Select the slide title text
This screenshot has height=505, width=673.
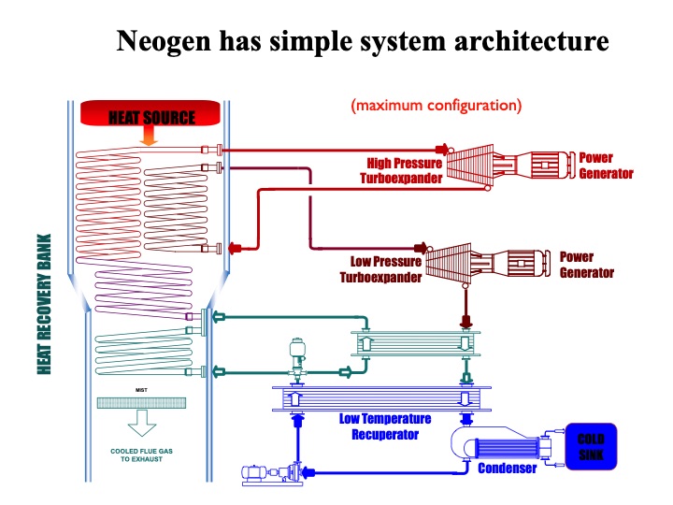[x=362, y=41]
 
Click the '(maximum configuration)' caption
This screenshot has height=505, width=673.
[x=436, y=105]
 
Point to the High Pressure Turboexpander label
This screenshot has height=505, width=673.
[x=405, y=170]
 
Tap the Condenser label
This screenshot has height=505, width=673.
[x=508, y=467]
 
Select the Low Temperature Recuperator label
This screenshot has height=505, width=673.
[x=379, y=426]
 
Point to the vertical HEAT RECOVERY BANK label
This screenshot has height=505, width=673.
[x=44, y=304]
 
